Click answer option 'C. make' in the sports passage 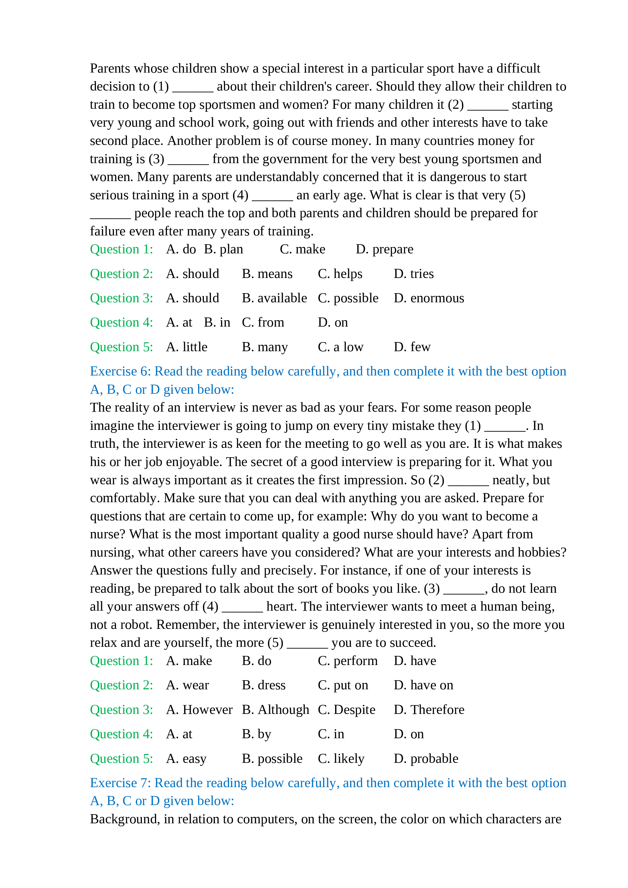(x=302, y=249)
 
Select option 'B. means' (x=267, y=274)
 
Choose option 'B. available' (x=274, y=298)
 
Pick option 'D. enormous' (x=429, y=298)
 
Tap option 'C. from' (x=263, y=323)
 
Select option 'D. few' (x=412, y=347)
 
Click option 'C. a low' (x=340, y=347)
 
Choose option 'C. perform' (x=348, y=661)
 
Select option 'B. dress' (x=263, y=685)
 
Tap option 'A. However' (x=199, y=710)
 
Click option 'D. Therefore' (x=429, y=710)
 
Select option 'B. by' (x=256, y=734)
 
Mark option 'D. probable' (x=426, y=759)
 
